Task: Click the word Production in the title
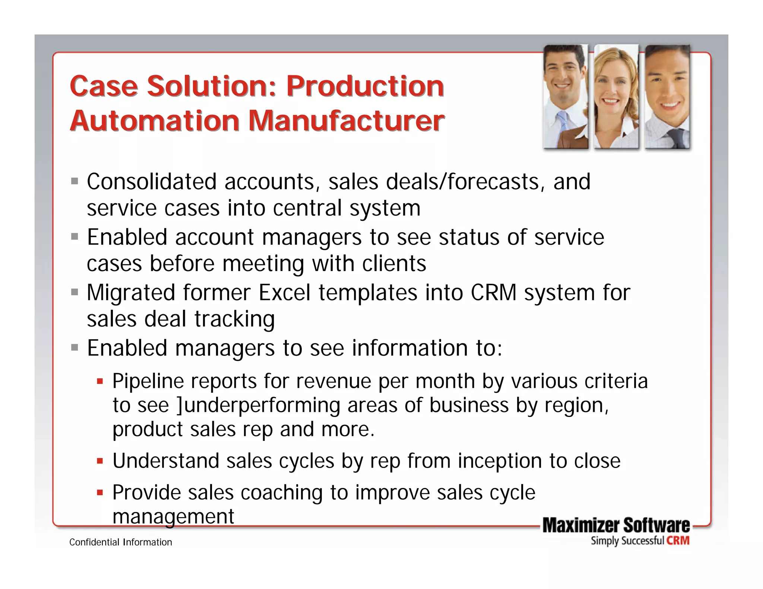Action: point(365,86)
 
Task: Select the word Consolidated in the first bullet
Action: point(152,182)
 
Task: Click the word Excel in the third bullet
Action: point(285,293)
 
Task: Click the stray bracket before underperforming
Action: point(180,405)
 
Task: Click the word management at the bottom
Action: point(173,517)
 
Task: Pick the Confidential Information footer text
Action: point(121,542)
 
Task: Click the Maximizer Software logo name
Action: point(616,525)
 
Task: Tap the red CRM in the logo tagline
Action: point(678,541)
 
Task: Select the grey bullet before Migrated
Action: point(75,292)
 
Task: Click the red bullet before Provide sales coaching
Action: point(99,493)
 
